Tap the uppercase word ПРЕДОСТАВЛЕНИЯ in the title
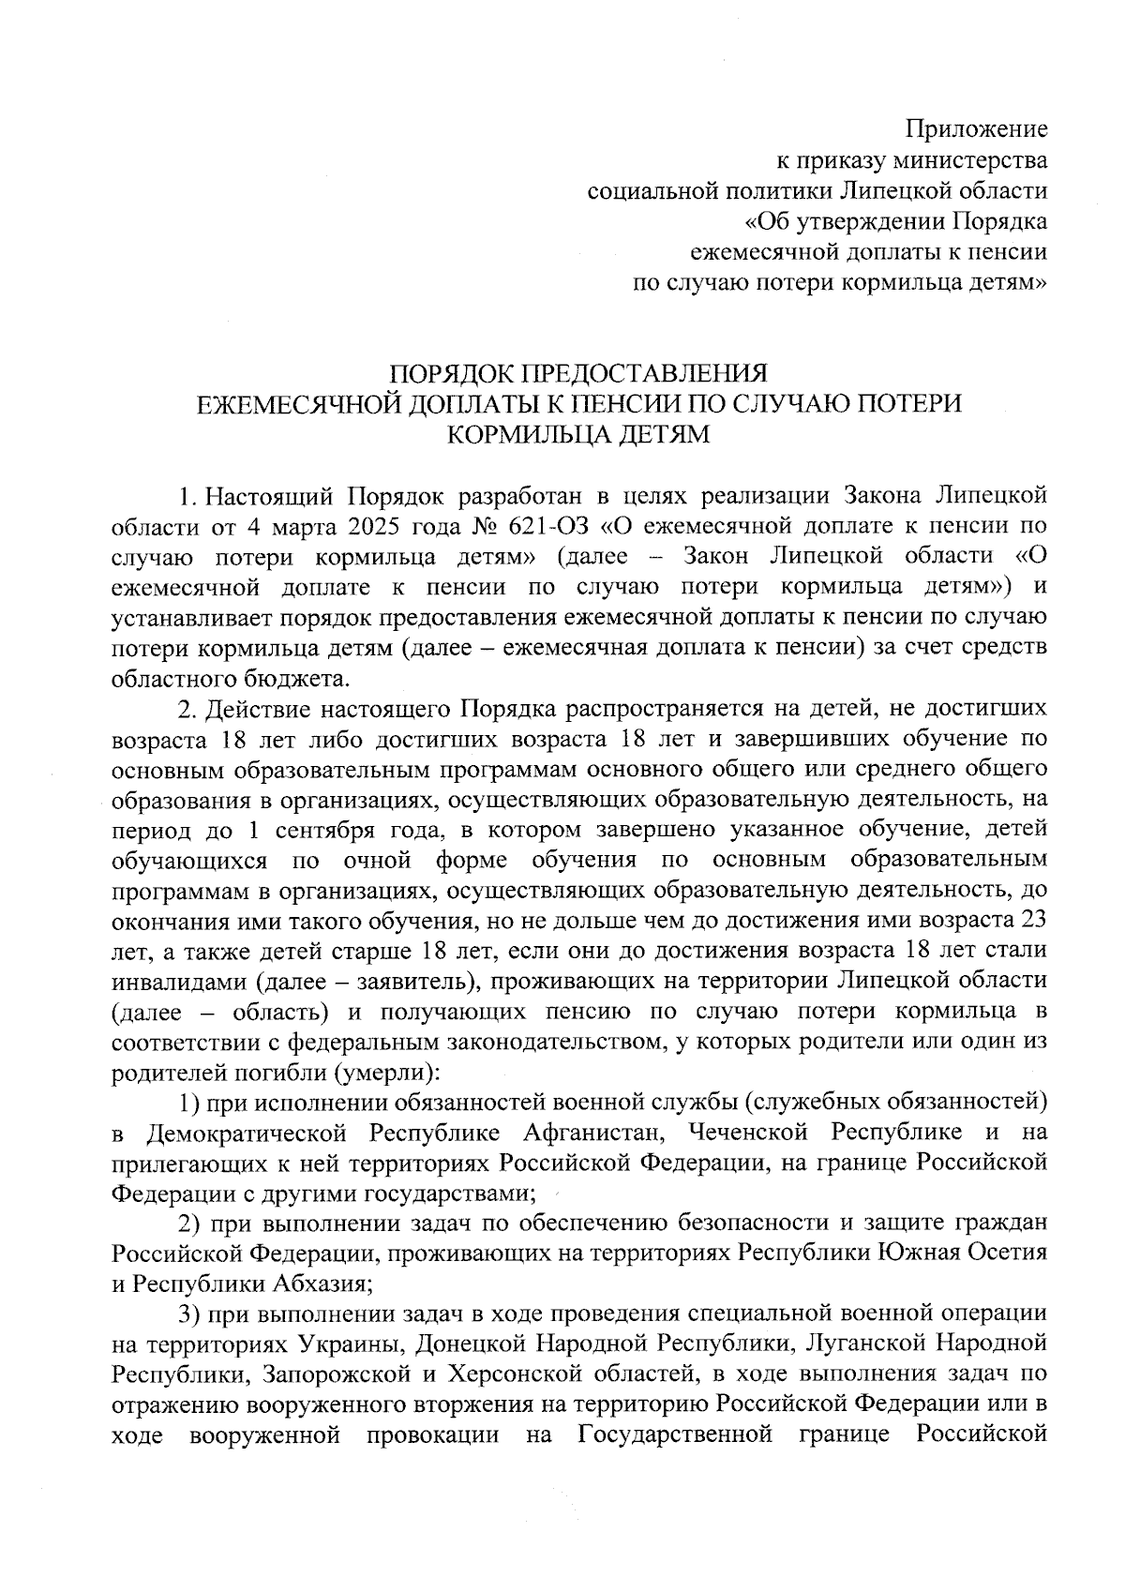644,372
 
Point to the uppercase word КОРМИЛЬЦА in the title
526,434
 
